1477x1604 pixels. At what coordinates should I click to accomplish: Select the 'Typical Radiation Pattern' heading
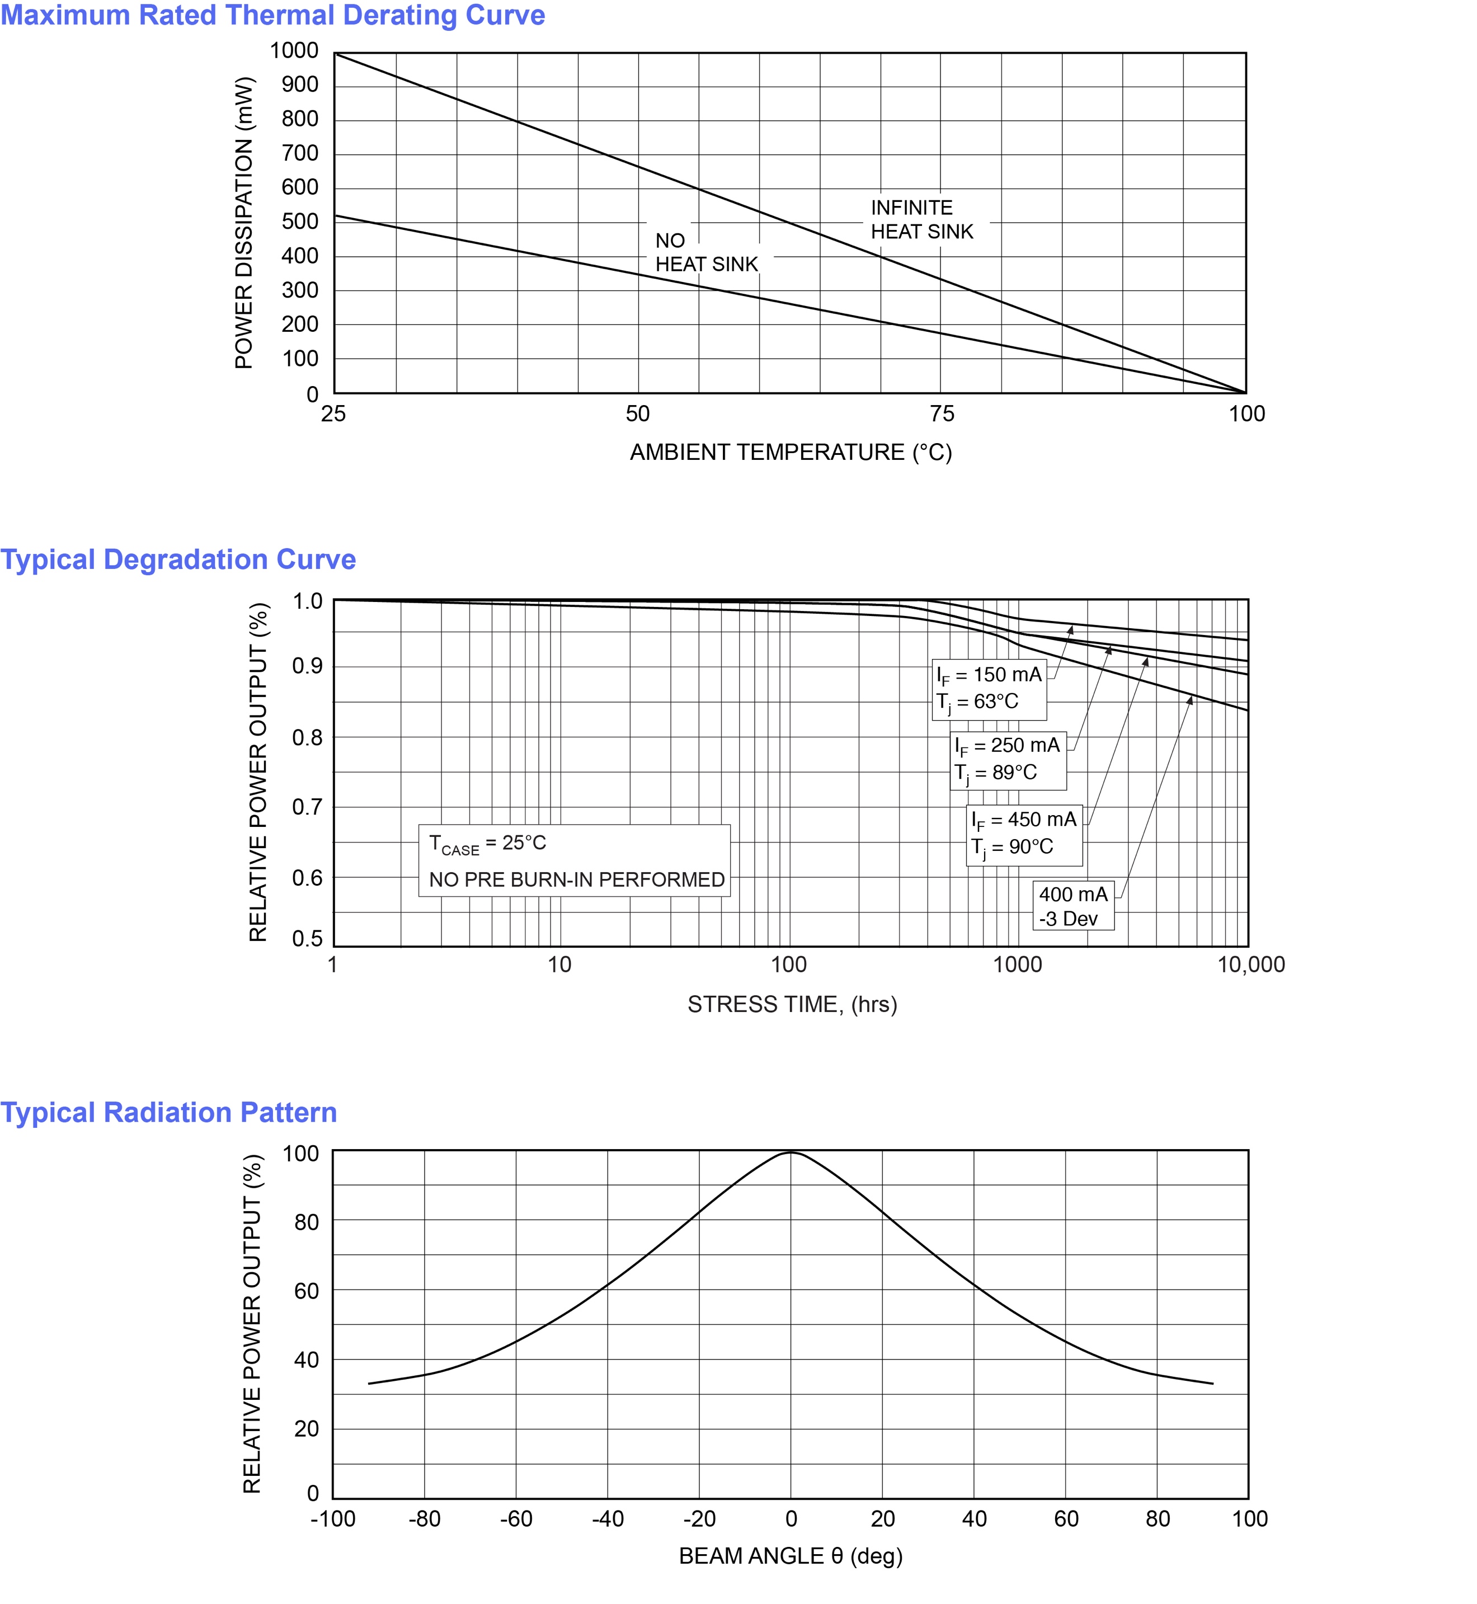(168, 1112)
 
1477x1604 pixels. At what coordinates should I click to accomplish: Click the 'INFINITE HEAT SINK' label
(921, 220)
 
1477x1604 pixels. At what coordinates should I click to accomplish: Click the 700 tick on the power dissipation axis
(300, 153)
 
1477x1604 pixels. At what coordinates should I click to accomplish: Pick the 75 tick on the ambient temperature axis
(942, 414)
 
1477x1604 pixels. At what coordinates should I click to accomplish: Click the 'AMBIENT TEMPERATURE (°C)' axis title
(791, 453)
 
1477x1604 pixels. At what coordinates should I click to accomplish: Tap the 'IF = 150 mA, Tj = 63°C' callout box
(989, 689)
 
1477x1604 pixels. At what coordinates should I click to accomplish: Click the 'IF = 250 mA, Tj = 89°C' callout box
(1007, 759)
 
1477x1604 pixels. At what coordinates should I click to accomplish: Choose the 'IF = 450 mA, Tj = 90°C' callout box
(1024, 834)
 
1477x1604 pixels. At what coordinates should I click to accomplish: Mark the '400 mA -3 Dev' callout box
(1073, 906)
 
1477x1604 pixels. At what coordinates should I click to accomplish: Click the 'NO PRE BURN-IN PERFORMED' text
(576, 880)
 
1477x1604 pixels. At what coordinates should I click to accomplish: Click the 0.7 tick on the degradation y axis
(307, 807)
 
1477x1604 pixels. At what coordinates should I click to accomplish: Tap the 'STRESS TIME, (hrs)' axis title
(792, 1005)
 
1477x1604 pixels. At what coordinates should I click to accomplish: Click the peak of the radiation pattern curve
(791, 1153)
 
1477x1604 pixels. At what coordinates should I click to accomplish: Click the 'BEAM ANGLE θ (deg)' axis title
(791, 1556)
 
